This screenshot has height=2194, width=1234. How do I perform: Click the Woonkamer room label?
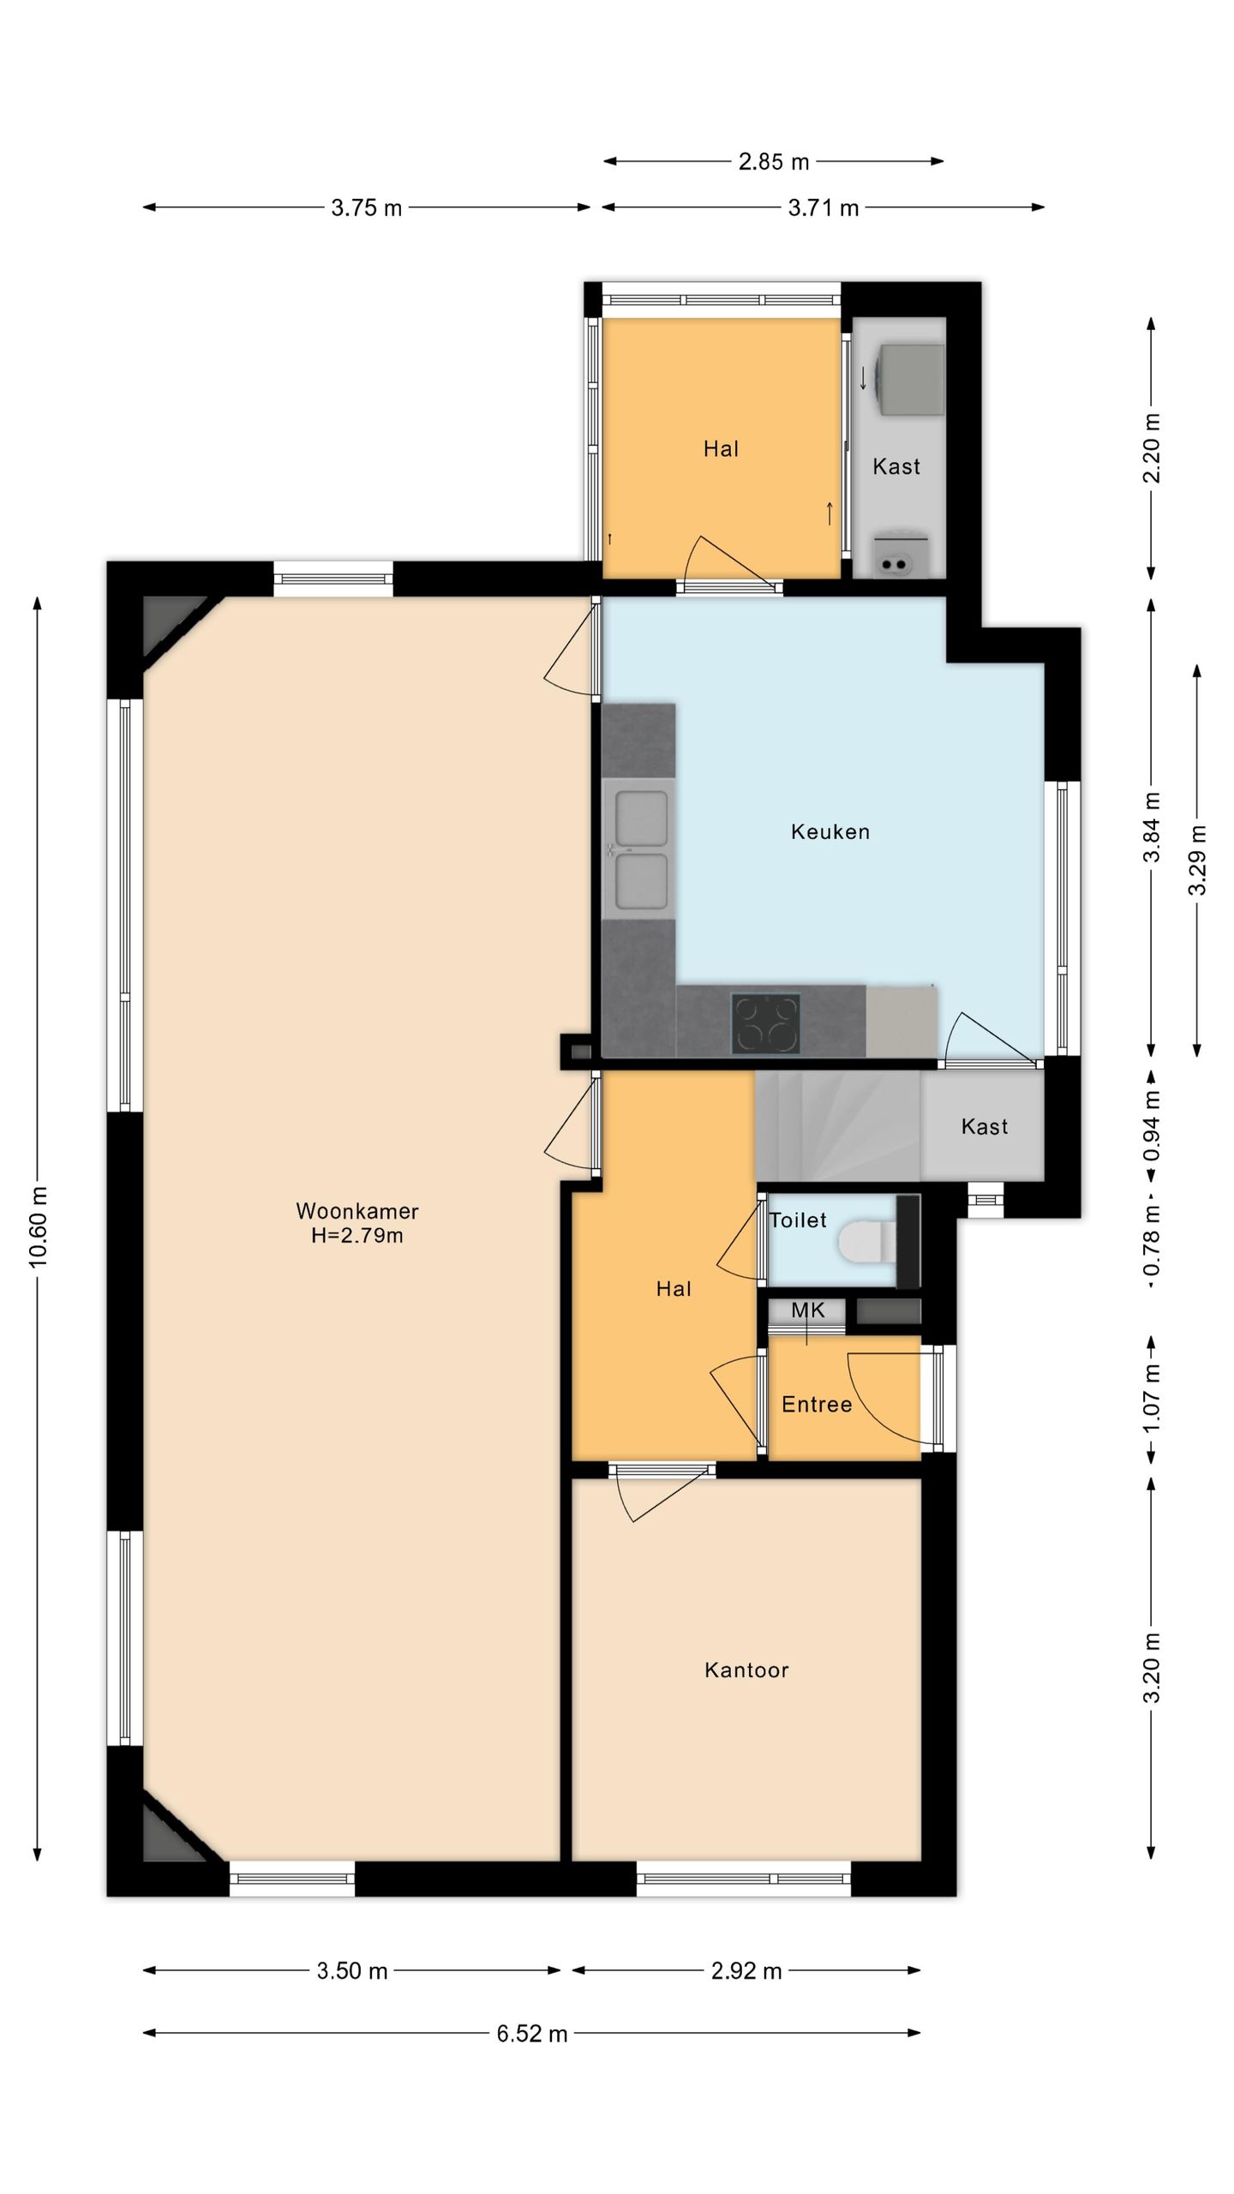pos(357,1211)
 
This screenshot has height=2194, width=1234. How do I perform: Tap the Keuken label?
pos(830,831)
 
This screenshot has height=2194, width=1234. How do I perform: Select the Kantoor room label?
pos(746,1669)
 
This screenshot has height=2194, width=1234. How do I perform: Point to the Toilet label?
pos(798,1220)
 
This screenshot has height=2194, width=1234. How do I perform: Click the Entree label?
pos(817,1405)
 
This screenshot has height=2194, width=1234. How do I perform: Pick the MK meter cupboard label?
pos(807,1310)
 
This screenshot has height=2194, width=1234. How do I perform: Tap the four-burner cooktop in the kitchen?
pos(765,1023)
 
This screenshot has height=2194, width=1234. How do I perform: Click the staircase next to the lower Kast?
pos(838,1126)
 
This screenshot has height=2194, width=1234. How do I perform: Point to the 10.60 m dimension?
pos(38,1227)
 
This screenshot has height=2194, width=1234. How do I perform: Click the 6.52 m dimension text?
pos(532,2034)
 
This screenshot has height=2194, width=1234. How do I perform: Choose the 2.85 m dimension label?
pos(774,161)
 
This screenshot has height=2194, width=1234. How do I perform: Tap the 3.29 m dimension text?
pos(1197,860)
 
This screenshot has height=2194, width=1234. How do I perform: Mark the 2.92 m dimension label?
pos(746,1971)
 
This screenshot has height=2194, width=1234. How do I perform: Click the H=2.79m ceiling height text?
pos(357,1235)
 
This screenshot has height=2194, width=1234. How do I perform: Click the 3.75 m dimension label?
pos(367,207)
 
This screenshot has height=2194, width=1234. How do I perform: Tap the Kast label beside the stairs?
pos(985,1126)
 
